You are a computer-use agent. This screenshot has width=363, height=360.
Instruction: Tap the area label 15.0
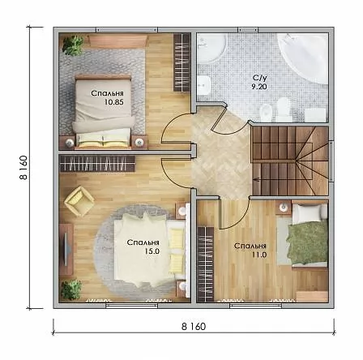pos(152,251)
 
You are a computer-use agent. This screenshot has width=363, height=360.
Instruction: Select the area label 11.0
pos(258,255)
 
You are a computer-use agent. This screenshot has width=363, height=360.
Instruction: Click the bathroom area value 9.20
pos(258,87)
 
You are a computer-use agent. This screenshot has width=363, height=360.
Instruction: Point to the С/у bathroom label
pos(260,78)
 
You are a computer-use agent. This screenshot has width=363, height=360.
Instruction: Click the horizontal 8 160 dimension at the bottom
pos(194,327)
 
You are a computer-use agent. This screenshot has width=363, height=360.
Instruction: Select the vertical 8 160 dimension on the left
pos(23,168)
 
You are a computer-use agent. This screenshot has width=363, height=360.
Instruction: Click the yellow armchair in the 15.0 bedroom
pos(79,201)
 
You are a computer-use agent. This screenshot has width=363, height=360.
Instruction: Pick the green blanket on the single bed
pos(307,242)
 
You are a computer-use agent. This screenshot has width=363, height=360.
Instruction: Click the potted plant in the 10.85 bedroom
pos(72,45)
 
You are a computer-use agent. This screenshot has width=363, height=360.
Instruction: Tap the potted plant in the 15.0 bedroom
pos(70,289)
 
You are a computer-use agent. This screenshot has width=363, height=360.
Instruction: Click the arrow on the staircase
pos(257,178)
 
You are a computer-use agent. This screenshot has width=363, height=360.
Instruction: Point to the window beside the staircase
pos(331,161)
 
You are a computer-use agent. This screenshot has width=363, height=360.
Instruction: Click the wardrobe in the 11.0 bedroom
pos(206,264)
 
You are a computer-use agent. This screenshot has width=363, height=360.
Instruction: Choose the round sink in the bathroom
pos(212,48)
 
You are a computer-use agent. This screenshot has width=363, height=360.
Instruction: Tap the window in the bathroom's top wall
pos(246,29)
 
